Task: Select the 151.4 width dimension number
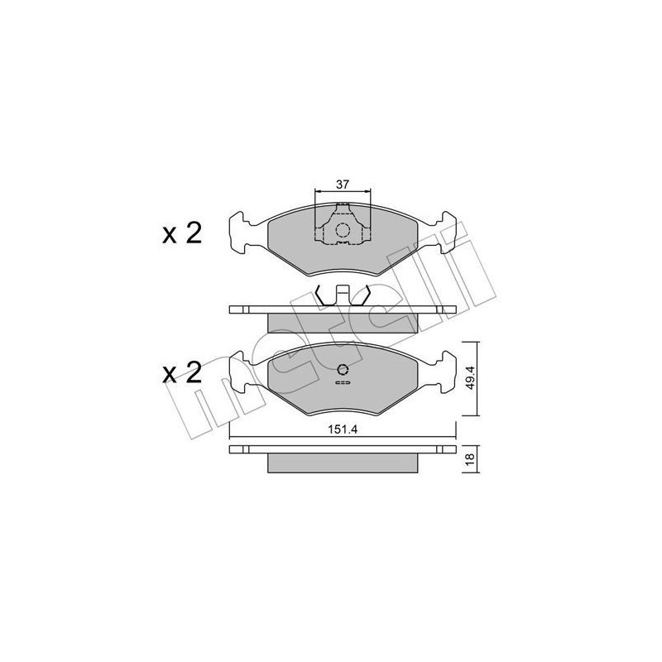pos(343,429)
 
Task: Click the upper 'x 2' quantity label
pos(181,234)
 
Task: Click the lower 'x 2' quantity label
pos(181,373)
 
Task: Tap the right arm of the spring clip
pos(363,294)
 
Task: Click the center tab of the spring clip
pos(343,295)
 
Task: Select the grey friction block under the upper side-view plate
pos(343,320)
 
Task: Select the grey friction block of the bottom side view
pos(343,462)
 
